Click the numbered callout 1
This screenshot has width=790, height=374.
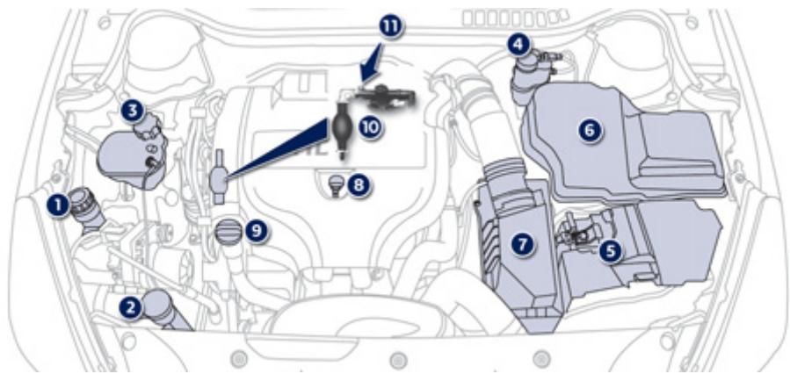[58, 205]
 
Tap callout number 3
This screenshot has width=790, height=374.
[132, 111]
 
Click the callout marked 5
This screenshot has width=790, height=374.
[611, 250]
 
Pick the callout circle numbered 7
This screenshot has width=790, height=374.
[525, 245]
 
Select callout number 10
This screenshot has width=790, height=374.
[369, 126]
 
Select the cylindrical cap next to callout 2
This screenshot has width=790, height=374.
[162, 308]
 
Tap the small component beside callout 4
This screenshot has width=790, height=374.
[530, 67]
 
